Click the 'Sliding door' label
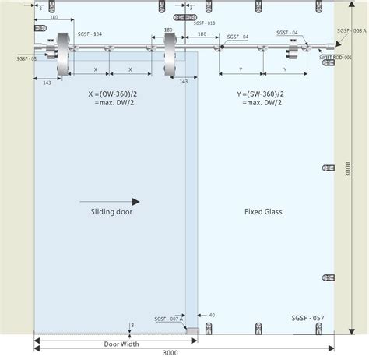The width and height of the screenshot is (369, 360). pyautogui.click(x=100, y=211)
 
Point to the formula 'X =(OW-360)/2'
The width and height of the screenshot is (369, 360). pyautogui.click(x=111, y=93)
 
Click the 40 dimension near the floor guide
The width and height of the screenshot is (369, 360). pyautogui.click(x=212, y=316)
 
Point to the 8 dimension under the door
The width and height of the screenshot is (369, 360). pyautogui.click(x=133, y=324)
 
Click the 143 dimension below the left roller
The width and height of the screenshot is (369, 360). pyautogui.click(x=48, y=83)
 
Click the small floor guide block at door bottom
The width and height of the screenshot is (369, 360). pyautogui.click(x=192, y=331)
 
